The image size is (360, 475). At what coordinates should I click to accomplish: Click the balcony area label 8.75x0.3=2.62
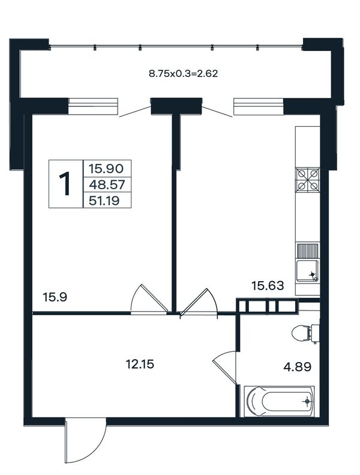pyautogui.click(x=184, y=74)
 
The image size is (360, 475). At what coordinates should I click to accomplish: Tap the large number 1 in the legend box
pyautogui.click(x=65, y=184)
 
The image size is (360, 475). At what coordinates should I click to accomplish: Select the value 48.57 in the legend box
pyautogui.click(x=107, y=184)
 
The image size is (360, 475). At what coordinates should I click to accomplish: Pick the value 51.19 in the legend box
pyautogui.click(x=104, y=200)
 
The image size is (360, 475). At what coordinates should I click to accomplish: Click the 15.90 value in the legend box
pyautogui.click(x=106, y=168)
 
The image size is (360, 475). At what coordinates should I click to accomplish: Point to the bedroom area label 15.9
pyautogui.click(x=55, y=297)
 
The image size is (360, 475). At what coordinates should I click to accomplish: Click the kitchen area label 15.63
pyautogui.click(x=268, y=286)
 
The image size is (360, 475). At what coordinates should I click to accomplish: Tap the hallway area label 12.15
pyautogui.click(x=140, y=365)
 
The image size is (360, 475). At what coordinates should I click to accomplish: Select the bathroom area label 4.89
pyautogui.click(x=298, y=367)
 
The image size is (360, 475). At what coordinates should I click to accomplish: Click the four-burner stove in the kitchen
pyautogui.click(x=308, y=180)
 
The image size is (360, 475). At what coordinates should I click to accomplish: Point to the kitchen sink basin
pyautogui.click(x=308, y=271)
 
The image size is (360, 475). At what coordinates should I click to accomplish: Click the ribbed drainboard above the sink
pyautogui.click(x=308, y=251)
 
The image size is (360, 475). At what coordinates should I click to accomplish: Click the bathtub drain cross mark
pyautogui.click(x=308, y=401)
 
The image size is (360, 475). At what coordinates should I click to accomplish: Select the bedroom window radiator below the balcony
pyautogui.click(x=93, y=106)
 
